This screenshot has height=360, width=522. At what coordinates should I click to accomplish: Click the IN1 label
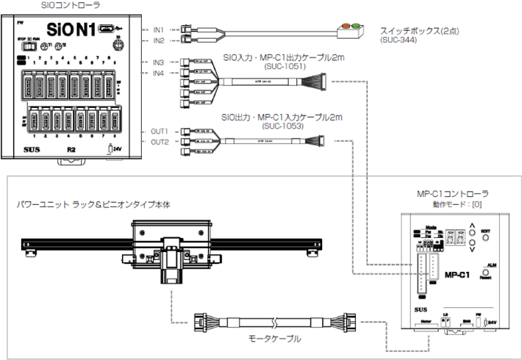point(158,29)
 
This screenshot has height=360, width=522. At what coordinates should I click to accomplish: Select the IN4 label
point(158,73)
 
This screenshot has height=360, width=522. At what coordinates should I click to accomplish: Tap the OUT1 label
point(160,131)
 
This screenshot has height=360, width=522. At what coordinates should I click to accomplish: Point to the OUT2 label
point(160,142)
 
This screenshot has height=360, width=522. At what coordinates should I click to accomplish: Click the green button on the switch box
point(357,26)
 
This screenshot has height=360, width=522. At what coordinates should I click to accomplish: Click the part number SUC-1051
point(282,66)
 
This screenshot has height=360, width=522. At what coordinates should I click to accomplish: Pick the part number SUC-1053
point(282,125)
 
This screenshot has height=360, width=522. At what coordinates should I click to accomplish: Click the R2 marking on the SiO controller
point(71,149)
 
